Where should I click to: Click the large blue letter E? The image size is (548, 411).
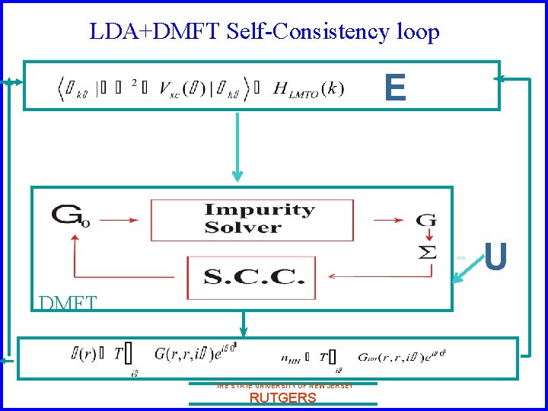395,88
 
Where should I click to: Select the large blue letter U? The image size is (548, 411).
495,257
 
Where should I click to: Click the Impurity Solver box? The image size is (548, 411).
251,219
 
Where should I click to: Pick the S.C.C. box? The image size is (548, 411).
250,276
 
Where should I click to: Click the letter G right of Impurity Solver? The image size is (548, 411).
426,221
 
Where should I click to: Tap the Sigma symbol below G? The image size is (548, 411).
429,252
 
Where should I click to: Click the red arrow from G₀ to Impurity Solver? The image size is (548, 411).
122,221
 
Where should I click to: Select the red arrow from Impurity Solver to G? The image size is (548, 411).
389,221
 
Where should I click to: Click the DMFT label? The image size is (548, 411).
67,303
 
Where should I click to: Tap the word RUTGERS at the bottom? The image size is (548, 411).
282,397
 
